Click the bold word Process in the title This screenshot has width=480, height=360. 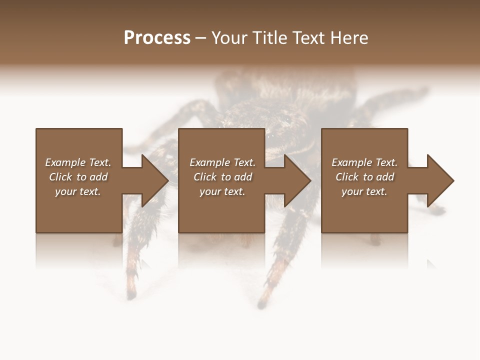[x=157, y=38]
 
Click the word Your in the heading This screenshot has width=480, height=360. [x=230, y=38]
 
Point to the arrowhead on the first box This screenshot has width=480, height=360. [x=154, y=180]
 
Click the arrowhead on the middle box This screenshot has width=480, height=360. [x=297, y=180]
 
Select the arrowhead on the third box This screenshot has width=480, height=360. [x=440, y=180]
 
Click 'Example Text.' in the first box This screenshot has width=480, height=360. [x=78, y=162]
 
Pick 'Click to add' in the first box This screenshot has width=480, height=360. [x=78, y=177]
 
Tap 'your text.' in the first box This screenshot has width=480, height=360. [x=78, y=191]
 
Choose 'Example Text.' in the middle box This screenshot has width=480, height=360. [x=222, y=162]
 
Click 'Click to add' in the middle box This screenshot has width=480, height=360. [x=222, y=177]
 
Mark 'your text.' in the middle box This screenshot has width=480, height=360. [x=222, y=191]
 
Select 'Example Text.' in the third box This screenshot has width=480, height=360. [x=364, y=162]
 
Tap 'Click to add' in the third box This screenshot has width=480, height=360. [x=364, y=177]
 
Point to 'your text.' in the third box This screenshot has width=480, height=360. [x=364, y=191]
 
